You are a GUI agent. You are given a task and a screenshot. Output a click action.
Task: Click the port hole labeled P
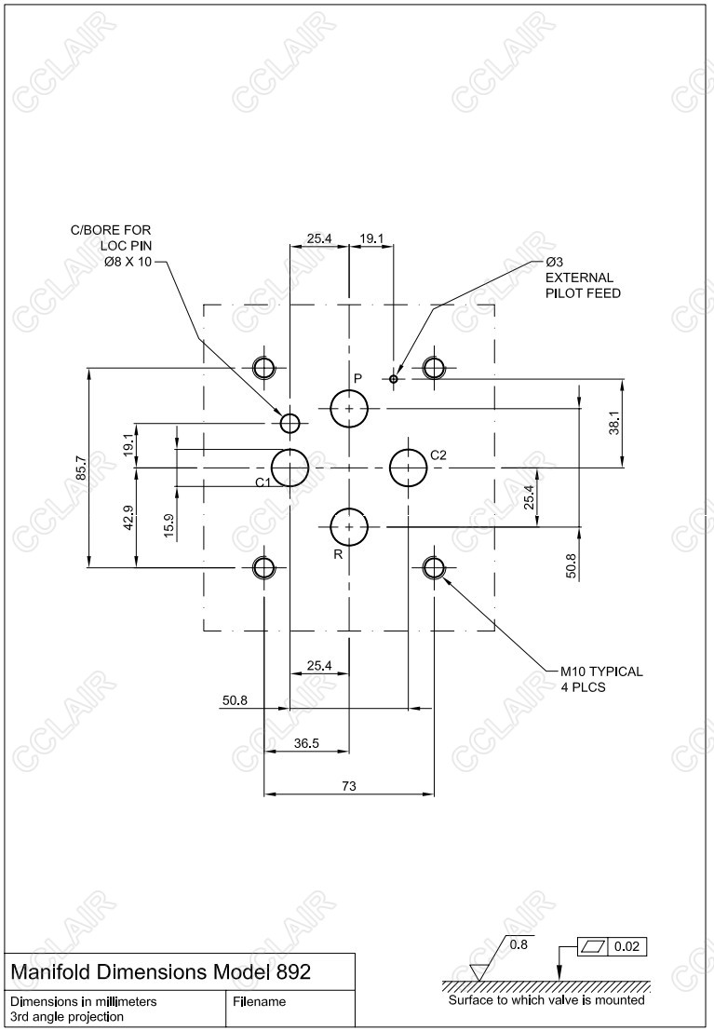349,409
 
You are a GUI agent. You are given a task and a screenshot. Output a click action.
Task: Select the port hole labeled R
349,527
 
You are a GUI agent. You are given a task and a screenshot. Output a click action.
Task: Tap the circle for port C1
290,467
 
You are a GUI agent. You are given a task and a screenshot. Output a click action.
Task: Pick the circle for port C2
408,467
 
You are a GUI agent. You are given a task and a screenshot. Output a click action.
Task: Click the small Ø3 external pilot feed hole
394,378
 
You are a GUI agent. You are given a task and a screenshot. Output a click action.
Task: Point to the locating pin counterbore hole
290,424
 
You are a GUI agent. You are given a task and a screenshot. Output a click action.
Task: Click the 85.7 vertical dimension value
81,468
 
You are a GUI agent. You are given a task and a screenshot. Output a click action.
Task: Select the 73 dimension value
349,786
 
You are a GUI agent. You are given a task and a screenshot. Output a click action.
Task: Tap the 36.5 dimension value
307,743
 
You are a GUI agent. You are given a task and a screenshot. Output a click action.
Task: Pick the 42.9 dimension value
128,517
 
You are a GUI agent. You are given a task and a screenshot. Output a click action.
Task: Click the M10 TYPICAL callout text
600,671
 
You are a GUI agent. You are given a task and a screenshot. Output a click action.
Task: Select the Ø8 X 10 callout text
128,262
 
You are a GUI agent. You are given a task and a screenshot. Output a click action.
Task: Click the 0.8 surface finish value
519,943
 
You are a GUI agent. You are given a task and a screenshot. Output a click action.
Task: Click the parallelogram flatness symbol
592,947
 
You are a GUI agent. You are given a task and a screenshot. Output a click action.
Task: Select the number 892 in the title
293,971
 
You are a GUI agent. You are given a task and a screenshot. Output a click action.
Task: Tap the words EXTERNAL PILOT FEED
583,285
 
